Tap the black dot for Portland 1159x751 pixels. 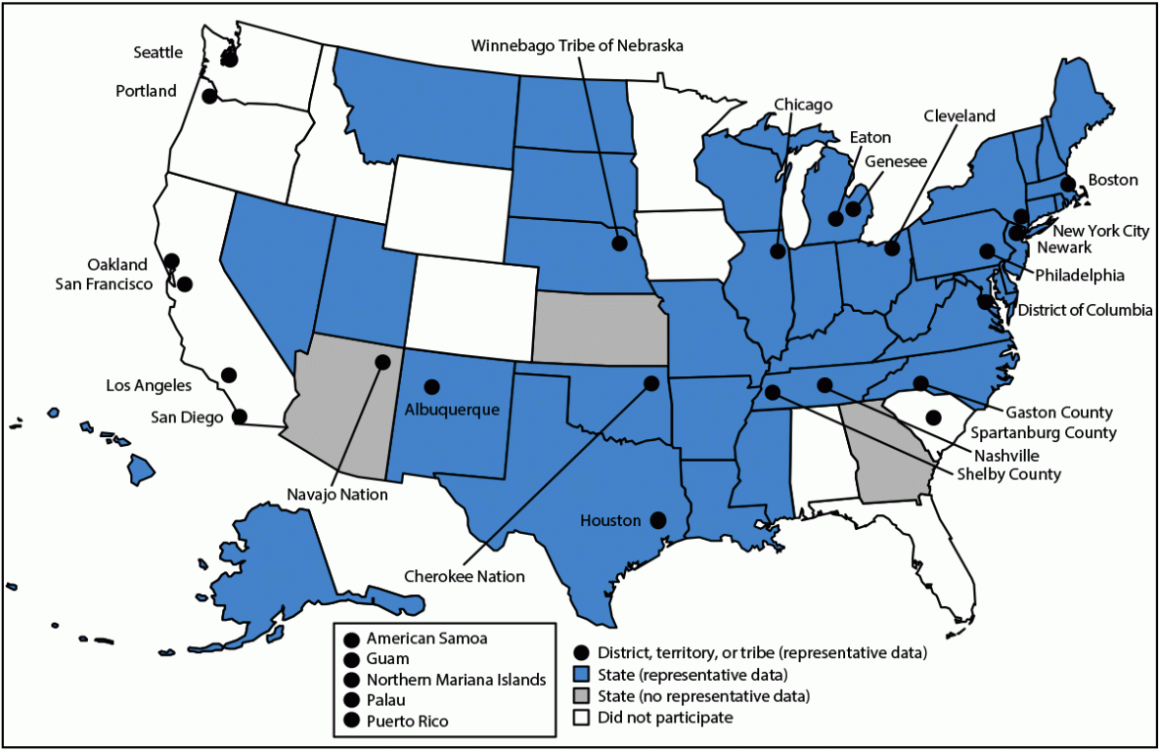tap(209, 96)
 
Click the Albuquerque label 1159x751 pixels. tap(453, 409)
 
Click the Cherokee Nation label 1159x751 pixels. tap(465, 576)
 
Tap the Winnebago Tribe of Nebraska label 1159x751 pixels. tap(577, 45)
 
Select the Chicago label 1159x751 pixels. tap(803, 104)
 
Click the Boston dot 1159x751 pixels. tap(1068, 183)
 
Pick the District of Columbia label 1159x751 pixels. tap(1085, 310)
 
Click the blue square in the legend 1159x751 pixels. tap(582, 675)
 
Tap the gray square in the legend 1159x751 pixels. tap(582, 696)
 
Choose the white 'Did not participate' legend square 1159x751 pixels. tap(582, 718)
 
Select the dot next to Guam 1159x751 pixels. tap(350, 659)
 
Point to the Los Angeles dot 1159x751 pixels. tap(228, 375)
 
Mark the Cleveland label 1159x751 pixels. tap(958, 116)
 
